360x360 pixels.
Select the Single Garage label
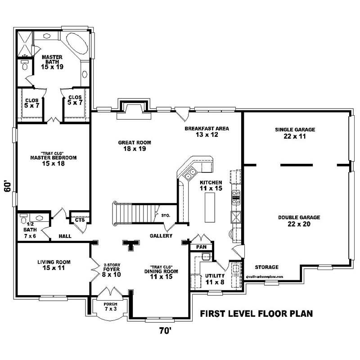pos(295,133)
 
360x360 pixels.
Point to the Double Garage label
pos(295,220)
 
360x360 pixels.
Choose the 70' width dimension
pos(165,331)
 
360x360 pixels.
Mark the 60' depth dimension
pos(8,186)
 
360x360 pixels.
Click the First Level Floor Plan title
pos(256,313)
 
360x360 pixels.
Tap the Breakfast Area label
pos(207,131)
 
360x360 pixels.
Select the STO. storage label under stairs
pos(165,216)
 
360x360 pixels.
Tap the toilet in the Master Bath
pos(25,66)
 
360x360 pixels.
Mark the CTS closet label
pos(80,220)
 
